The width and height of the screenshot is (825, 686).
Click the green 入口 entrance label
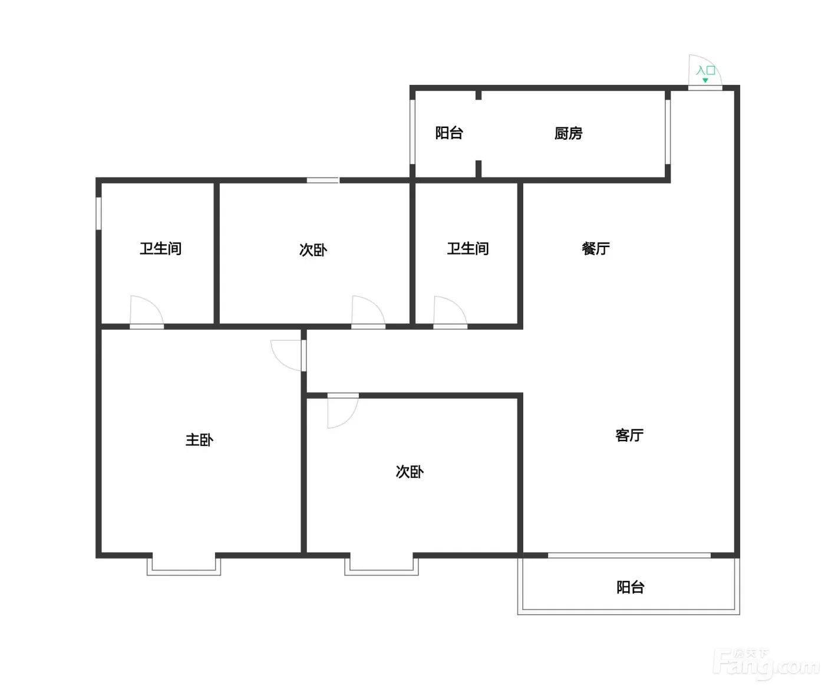[706, 70]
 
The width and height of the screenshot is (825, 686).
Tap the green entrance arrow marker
[705, 80]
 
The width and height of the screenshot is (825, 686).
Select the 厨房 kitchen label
[568, 133]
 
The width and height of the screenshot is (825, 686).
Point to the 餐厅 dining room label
[596, 248]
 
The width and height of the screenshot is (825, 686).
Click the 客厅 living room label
[629, 435]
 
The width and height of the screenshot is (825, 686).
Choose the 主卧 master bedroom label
[200, 440]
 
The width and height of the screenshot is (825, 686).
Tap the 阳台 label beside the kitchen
[449, 133]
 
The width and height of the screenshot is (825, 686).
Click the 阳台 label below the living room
[631, 587]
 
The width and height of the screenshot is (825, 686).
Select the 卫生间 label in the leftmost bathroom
[161, 248]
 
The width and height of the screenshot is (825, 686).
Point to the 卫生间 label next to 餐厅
[468, 248]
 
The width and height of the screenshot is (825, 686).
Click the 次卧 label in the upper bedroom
[313, 250]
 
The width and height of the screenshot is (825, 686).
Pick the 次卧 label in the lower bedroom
[410, 471]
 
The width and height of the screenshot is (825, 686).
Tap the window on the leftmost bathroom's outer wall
[99, 214]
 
